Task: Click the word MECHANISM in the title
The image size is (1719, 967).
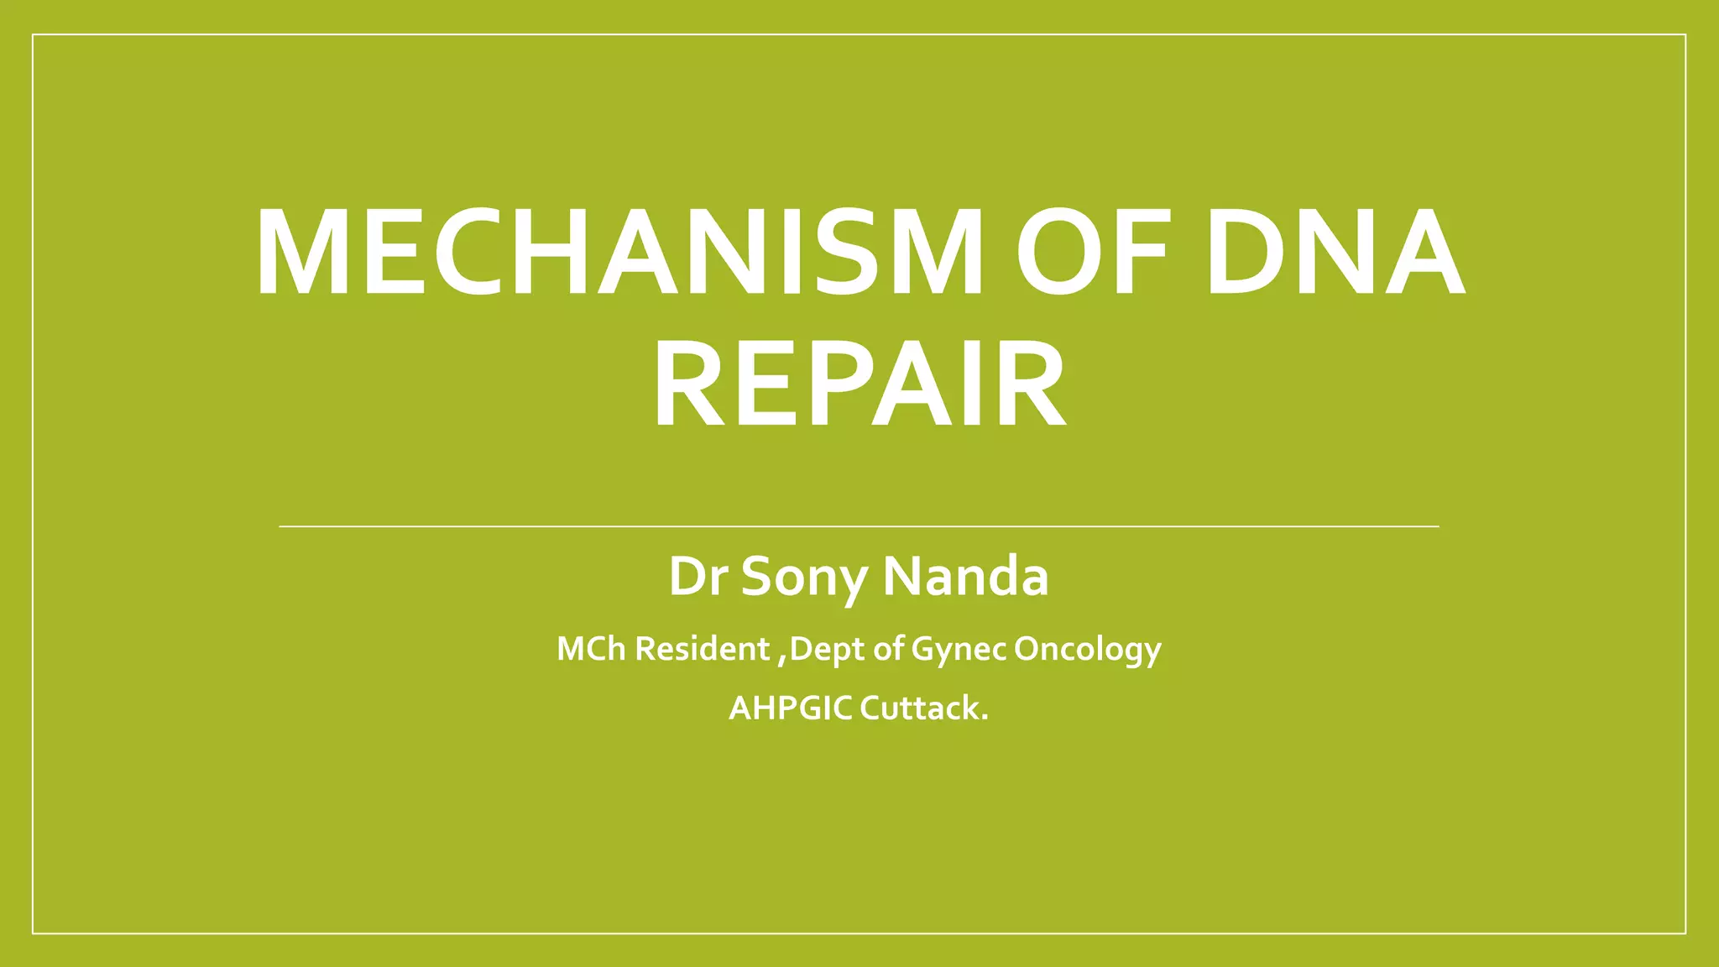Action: (619, 253)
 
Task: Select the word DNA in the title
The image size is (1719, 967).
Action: (1335, 253)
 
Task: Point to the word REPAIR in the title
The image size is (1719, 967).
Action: (859, 385)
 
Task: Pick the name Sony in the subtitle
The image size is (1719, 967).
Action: (804, 577)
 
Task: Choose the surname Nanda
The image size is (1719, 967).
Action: (965, 577)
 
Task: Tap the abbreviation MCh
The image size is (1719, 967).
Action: (591, 649)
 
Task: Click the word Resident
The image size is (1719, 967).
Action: (702, 649)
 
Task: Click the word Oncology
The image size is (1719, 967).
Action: (1087, 649)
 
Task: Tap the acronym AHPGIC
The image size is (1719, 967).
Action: (790, 708)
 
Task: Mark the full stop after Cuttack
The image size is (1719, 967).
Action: (985, 719)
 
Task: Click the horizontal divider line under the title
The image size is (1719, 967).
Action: (859, 526)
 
